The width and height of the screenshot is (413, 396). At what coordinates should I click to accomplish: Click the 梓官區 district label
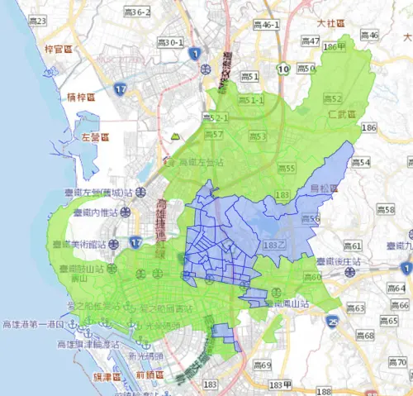60,50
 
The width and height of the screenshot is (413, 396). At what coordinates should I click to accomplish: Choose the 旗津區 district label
107,376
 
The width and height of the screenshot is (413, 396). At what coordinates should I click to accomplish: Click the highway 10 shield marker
283,69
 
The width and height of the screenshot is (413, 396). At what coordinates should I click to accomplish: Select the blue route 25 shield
332,321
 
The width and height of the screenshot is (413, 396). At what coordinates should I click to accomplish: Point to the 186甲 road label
333,47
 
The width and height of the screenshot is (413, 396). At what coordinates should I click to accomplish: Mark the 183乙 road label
273,246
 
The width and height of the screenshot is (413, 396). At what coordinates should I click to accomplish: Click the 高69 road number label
261,365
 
